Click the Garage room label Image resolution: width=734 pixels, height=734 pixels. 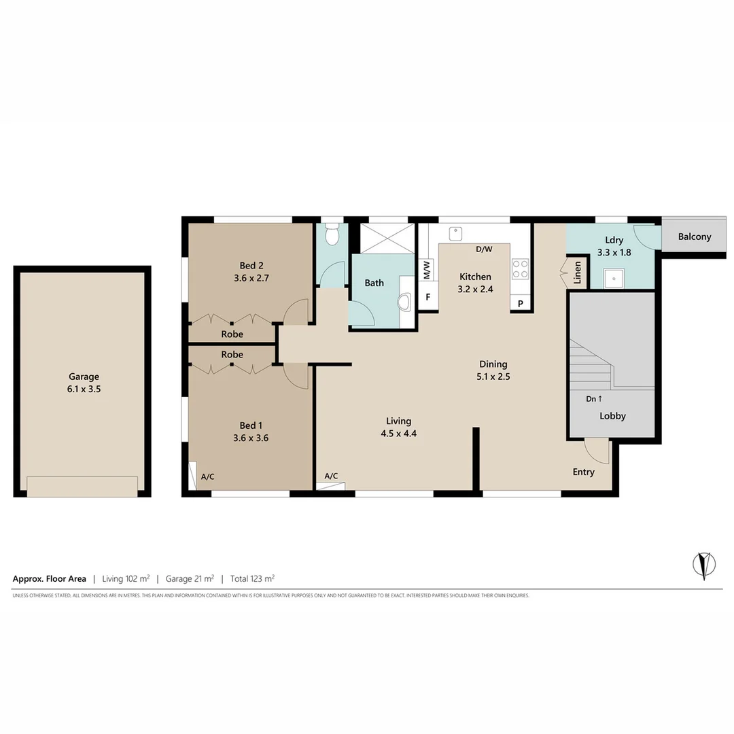[84, 377]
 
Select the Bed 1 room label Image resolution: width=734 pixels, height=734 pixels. [251, 425]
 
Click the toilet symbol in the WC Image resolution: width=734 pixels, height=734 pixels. [332, 236]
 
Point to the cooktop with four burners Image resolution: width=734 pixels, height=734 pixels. [520, 269]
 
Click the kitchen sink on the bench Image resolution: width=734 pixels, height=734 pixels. [455, 233]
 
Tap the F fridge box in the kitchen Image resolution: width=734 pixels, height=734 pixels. [428, 297]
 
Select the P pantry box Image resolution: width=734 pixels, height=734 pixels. [521, 304]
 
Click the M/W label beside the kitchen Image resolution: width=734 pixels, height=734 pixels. [427, 270]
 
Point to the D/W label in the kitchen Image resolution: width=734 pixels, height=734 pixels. [484, 249]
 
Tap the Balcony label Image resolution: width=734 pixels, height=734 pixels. [695, 237]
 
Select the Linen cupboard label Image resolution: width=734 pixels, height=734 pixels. [578, 272]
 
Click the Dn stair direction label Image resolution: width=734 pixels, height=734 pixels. [595, 399]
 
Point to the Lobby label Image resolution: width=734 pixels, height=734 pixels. [612, 416]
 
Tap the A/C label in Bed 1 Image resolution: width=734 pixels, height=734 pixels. [207, 476]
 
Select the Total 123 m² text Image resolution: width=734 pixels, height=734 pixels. [252, 579]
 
